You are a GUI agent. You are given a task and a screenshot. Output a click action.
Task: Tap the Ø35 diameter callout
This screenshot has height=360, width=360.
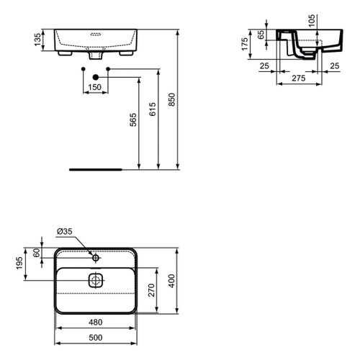click(65, 232)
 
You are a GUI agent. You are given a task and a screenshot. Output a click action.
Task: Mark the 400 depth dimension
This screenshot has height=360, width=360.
click(171, 280)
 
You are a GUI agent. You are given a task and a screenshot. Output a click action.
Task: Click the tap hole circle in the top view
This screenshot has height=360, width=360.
click(96, 256)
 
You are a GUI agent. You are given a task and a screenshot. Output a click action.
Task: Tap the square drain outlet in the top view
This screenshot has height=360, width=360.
click(96, 280)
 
